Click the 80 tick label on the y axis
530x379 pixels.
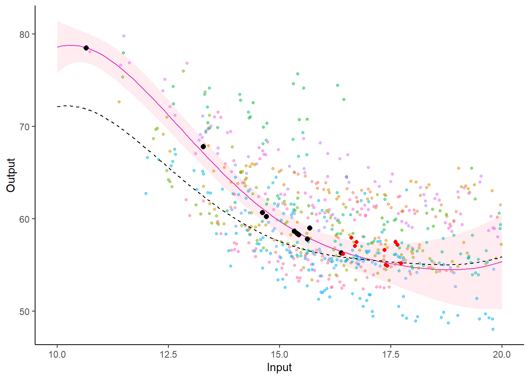pos(24,34)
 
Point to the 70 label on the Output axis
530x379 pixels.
pos(24,127)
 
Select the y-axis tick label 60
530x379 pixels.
pos(24,219)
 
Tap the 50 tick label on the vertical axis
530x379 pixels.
pos(24,311)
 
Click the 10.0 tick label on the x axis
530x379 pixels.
pos(57,354)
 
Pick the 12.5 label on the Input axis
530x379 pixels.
pos(168,354)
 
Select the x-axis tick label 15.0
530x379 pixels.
pos(280,354)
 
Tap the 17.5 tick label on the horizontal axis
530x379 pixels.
pos(390,354)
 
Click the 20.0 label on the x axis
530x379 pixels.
pos(502,354)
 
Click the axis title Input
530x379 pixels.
pos(279,368)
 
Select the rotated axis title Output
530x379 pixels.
pos(11,175)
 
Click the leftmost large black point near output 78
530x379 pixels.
pos(86,48)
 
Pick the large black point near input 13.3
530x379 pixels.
pos(203,146)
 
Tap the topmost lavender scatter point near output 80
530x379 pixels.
pos(123,36)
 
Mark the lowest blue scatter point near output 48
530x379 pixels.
pos(493,329)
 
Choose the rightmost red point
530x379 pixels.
pos(401,263)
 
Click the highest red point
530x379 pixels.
pos(351,238)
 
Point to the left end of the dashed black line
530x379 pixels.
pos(58,107)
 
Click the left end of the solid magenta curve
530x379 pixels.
pos(58,47)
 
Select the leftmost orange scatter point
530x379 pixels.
pos(119,102)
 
